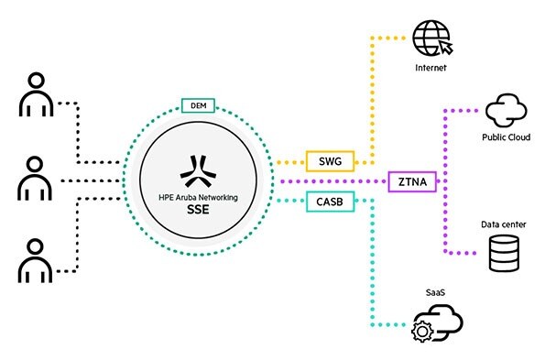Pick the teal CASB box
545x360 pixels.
(x=325, y=201)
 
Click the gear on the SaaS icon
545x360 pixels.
(x=423, y=330)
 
